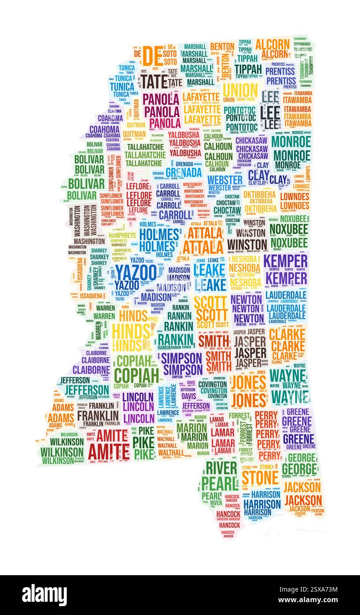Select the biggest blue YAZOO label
[x=136, y=272]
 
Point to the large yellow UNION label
[x=240, y=91]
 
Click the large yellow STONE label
[x=260, y=478]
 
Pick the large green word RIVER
[x=221, y=468]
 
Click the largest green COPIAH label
[x=136, y=375]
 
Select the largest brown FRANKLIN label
[x=98, y=416]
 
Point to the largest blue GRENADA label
[x=184, y=172]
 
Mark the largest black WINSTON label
[x=247, y=245]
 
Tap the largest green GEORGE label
[x=299, y=469]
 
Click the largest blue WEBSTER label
[x=225, y=180]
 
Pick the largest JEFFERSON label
[x=87, y=390]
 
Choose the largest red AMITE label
[x=109, y=451]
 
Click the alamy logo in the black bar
[x=44, y=595]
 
